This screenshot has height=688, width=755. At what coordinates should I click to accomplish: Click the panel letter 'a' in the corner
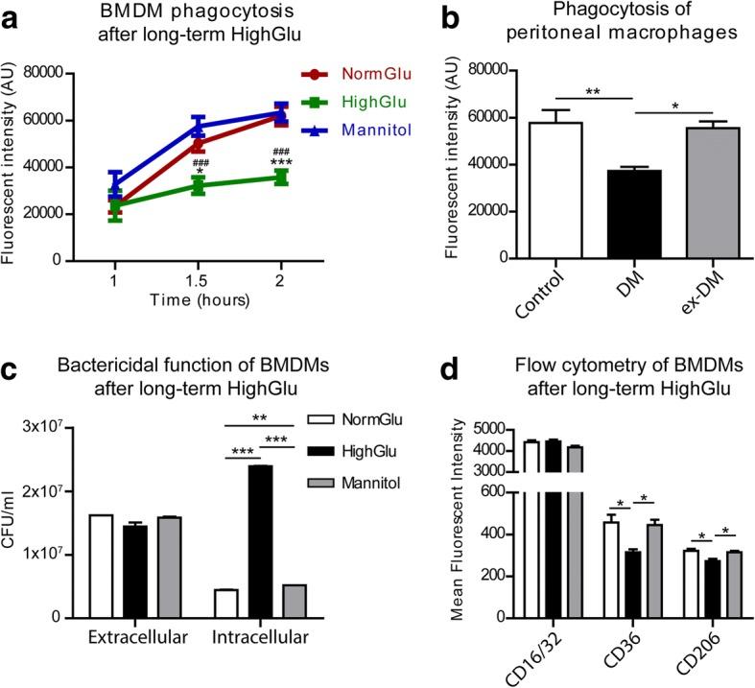12,16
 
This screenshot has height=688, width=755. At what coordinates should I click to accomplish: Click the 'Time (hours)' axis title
199,299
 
